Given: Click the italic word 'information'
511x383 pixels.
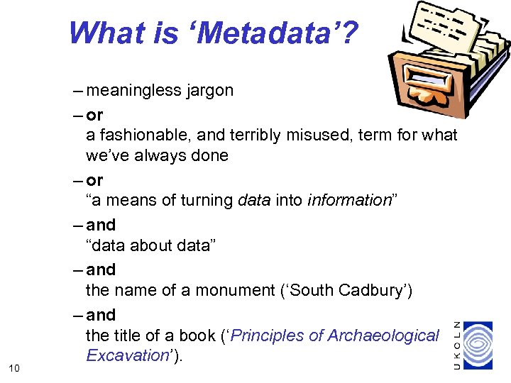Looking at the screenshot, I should tap(349, 201).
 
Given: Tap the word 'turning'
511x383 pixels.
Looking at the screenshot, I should tap(206, 201).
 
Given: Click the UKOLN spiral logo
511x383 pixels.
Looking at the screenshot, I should tap(483, 345).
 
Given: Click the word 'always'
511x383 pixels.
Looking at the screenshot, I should tap(155, 155).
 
